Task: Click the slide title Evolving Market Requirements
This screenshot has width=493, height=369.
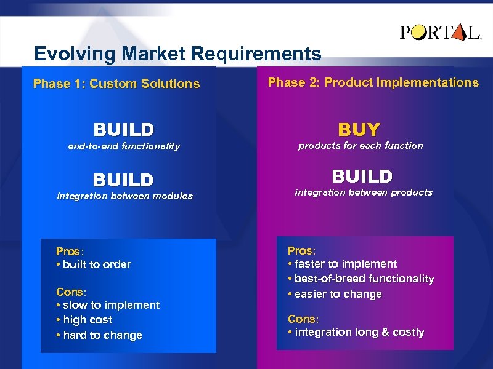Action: click(x=177, y=54)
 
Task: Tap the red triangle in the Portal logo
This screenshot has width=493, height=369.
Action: click(x=458, y=33)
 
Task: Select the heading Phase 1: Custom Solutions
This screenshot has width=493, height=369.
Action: click(x=116, y=84)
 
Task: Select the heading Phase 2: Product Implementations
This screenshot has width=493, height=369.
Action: click(x=373, y=82)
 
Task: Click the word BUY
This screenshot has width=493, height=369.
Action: click(x=359, y=129)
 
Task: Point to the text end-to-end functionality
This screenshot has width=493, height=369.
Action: click(x=124, y=146)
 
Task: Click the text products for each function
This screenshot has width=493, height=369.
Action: click(x=361, y=146)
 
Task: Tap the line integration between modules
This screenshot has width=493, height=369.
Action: click(x=124, y=196)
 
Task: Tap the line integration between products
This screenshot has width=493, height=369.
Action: click(x=364, y=192)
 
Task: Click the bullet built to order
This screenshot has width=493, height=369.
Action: click(x=94, y=264)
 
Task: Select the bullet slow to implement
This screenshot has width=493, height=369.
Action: click(x=108, y=305)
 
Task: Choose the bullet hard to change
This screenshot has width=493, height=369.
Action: click(x=99, y=335)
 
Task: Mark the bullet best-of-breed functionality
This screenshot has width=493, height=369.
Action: click(x=361, y=279)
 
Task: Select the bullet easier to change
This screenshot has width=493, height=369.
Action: click(x=335, y=294)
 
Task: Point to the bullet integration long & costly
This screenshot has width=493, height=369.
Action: click(x=356, y=332)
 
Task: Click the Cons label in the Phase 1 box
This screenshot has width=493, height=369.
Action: click(x=71, y=292)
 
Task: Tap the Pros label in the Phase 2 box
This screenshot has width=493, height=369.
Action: click(x=301, y=251)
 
